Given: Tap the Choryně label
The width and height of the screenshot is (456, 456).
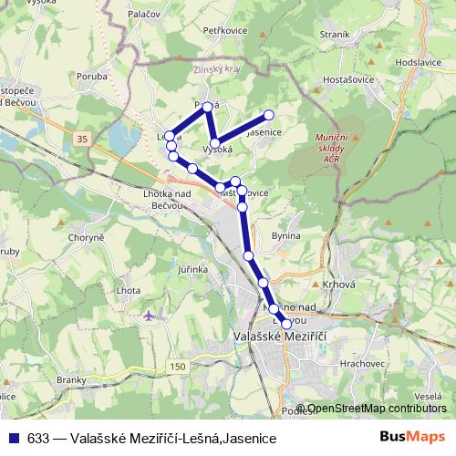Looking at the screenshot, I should [86, 238].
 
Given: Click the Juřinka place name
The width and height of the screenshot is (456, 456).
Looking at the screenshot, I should [193, 269].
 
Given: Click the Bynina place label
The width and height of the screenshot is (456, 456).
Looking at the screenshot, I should [285, 236].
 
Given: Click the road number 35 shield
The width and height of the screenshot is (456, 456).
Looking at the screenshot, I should [83, 138].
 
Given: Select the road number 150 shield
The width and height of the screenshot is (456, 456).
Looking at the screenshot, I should [178, 366].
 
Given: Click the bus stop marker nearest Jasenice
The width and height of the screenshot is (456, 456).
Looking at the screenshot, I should [269, 115].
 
